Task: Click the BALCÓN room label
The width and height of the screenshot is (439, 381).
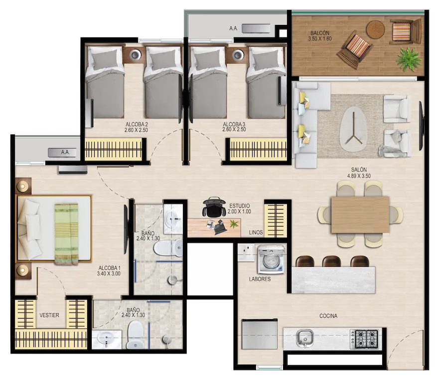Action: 320,33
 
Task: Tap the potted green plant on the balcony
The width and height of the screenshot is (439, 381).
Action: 409,59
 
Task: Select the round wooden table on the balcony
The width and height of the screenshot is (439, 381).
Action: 375,29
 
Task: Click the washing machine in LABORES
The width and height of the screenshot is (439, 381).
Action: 271,260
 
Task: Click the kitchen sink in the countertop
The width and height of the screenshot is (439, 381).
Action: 305,339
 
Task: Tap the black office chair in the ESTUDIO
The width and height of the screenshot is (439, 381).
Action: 214,207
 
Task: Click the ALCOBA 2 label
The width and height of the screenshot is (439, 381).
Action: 137,124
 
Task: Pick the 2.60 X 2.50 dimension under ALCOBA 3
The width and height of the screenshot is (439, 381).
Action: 234,130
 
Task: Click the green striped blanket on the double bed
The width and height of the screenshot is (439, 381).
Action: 66,234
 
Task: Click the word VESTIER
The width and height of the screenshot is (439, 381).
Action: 49,315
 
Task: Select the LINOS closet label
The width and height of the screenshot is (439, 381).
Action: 256,232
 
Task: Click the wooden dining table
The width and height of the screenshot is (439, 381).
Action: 360,214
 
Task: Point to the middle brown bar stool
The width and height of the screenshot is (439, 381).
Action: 331,261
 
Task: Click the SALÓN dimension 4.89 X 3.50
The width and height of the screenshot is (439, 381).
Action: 359,176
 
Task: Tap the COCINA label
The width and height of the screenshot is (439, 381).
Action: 328,316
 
